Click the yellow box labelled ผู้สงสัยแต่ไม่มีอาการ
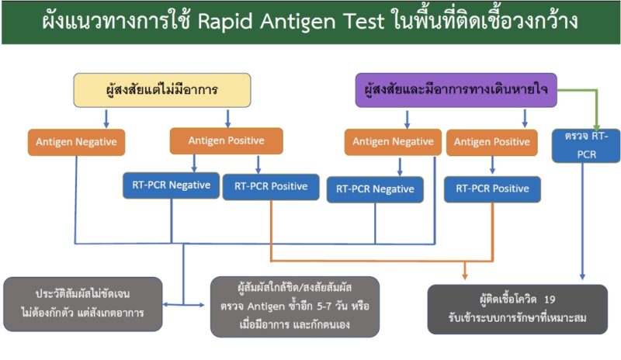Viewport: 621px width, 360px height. pos(162,90)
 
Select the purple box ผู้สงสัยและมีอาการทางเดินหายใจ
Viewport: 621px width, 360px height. pos(456,90)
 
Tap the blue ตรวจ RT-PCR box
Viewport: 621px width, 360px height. pos(586,145)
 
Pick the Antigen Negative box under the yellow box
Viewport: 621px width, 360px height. pos(76,142)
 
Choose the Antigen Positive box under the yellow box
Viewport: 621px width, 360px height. pos(226,140)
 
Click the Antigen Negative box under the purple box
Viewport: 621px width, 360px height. pos(393,142)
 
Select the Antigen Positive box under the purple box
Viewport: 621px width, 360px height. pos(492,142)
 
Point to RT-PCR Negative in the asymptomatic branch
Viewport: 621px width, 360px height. pos(171,185)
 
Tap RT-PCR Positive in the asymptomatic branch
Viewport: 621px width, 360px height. pos(271,187)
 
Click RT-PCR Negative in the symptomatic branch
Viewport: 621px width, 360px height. pos(375,189)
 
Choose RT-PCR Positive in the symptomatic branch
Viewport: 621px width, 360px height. pos(492,189)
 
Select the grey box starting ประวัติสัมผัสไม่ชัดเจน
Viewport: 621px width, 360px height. pos(83,304)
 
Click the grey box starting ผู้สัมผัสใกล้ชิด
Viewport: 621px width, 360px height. pos(295,306)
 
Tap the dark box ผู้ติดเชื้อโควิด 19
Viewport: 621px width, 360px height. pos(517,309)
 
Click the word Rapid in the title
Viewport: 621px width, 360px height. pos(225,22)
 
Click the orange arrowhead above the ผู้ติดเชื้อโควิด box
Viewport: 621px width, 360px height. pos(465,275)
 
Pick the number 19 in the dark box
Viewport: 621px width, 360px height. pos(550,299)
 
